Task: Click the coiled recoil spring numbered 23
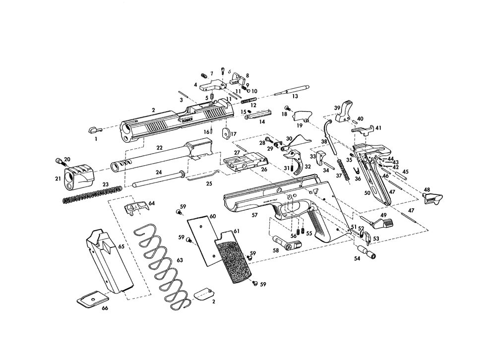93,194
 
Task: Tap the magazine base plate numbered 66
92,299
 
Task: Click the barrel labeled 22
159,158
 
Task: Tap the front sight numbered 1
93,129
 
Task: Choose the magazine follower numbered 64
136,208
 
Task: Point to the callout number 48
427,189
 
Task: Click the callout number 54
357,258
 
